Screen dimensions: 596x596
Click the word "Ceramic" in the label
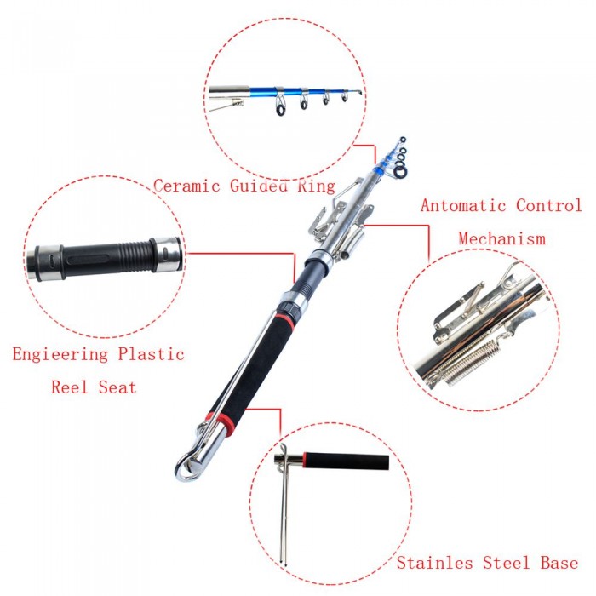tap(186, 186)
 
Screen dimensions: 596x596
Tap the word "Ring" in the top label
tap(316, 186)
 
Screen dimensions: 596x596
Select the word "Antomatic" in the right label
tap(463, 205)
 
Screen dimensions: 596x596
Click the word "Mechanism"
tap(501, 238)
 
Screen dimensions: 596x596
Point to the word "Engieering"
tap(60, 355)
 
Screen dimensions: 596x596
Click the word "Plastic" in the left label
tap(151, 354)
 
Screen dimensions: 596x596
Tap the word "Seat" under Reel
tap(117, 387)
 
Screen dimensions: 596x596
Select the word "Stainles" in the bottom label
tap(435, 563)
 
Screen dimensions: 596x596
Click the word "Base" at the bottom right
tap(559, 563)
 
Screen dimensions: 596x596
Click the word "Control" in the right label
tap(549, 205)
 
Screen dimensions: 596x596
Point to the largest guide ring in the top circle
tap(280, 107)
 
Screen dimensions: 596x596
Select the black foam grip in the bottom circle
tap(347, 461)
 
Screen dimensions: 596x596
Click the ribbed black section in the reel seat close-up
tap(137, 255)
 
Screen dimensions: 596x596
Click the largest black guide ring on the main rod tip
tap(400, 172)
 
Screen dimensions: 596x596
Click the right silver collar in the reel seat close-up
tap(166, 255)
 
